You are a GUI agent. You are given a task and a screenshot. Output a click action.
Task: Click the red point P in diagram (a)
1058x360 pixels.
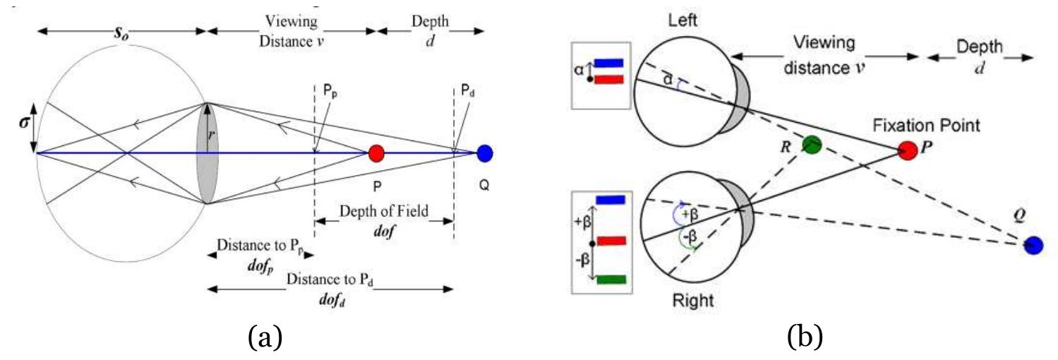click(x=376, y=152)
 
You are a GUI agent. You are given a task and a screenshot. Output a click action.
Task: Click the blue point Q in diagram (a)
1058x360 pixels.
click(x=485, y=152)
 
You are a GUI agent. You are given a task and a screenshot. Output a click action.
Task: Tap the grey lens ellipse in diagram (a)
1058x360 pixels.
click(x=208, y=153)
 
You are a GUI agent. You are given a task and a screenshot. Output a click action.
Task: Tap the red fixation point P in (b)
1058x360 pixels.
click(x=907, y=150)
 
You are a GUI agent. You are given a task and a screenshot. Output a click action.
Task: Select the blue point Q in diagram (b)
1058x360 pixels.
click(x=1033, y=245)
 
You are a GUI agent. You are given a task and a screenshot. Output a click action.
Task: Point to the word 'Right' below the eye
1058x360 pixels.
click(x=691, y=300)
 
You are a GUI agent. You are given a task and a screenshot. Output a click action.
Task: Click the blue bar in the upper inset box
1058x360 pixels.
click(x=608, y=63)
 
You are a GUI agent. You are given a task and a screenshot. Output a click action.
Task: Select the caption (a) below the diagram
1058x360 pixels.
click(x=264, y=337)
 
